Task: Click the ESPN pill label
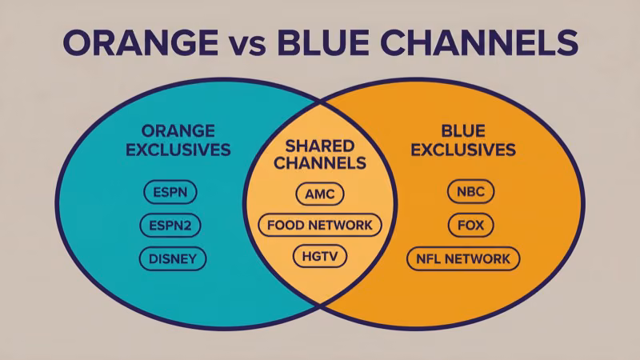click(x=170, y=193)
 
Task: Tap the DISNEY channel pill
click(x=172, y=258)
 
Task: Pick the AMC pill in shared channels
click(x=320, y=193)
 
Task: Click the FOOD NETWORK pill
click(x=320, y=225)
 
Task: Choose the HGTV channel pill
click(x=320, y=258)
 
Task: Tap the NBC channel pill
click(x=470, y=192)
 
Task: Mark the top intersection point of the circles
click(x=321, y=102)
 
